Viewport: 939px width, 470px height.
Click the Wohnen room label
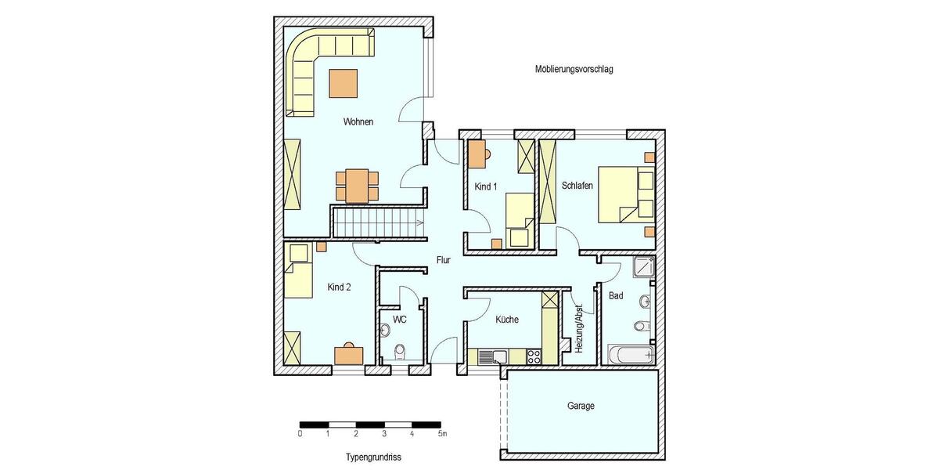pos(358,122)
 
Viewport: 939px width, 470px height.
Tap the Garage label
pos(581,407)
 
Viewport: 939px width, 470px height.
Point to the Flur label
pos(443,260)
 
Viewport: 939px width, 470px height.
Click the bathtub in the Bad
pos(631,355)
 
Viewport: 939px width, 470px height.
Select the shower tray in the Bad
pos(642,267)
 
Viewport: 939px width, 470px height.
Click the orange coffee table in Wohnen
pos(344,82)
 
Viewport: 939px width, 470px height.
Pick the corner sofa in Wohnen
pos(309,67)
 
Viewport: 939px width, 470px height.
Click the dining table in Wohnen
pos(357,186)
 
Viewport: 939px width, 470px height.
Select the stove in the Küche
pos(535,356)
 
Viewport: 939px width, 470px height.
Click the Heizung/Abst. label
pos(579,326)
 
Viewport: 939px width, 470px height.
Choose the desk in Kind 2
pos(349,355)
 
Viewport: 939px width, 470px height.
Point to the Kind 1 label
pos(485,186)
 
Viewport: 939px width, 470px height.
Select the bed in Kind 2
pos(298,273)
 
